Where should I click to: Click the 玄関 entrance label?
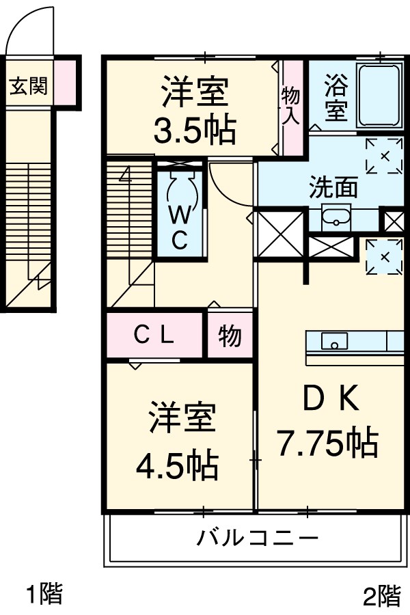(x=28, y=87)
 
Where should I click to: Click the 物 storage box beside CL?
(x=230, y=336)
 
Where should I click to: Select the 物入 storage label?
(x=292, y=106)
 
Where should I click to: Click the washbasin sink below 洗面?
(x=336, y=219)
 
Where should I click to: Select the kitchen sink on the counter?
(x=334, y=340)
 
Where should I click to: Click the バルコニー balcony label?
(x=258, y=537)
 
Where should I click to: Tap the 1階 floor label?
(x=44, y=593)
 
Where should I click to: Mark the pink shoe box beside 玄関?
(x=64, y=81)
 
